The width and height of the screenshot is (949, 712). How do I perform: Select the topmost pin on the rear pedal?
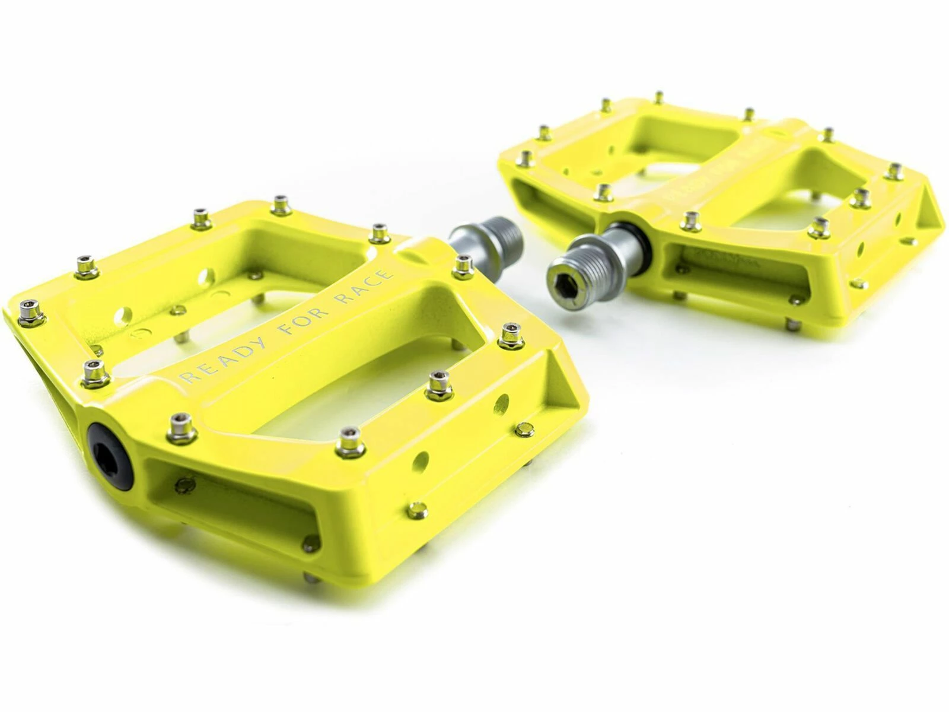point(659,97)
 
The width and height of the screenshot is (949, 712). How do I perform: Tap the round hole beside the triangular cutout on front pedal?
point(501,403)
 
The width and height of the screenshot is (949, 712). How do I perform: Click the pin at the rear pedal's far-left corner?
point(524,158)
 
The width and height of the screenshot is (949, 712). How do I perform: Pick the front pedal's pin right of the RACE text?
point(463,266)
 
